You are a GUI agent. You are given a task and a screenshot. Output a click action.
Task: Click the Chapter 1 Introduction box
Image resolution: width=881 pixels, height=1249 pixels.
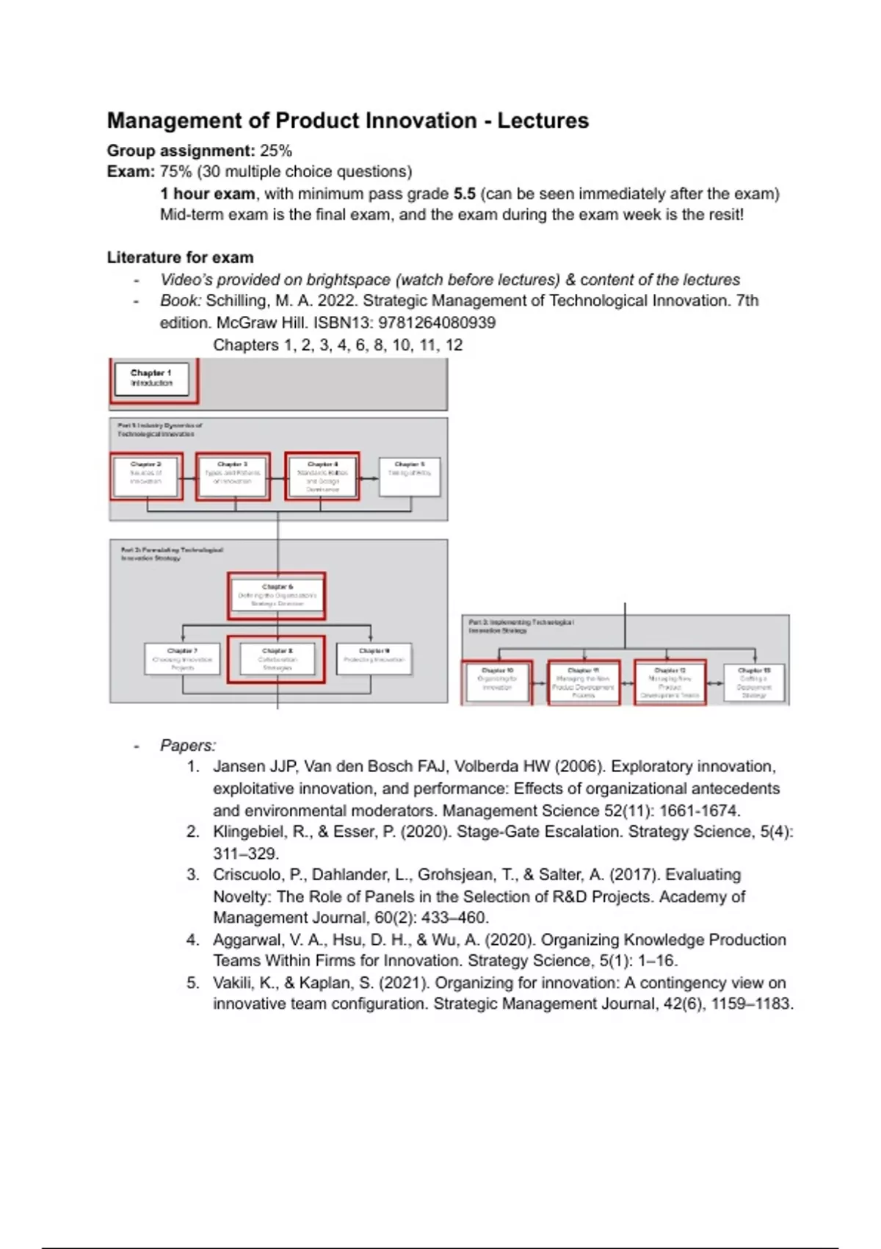click(x=151, y=378)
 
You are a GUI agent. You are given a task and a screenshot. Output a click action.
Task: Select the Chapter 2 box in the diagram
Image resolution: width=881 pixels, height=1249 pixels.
click(x=146, y=476)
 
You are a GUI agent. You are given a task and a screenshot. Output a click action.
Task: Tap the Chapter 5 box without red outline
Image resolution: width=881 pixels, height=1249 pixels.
click(x=410, y=476)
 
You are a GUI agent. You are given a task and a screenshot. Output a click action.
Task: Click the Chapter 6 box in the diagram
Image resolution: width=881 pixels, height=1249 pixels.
click(x=277, y=595)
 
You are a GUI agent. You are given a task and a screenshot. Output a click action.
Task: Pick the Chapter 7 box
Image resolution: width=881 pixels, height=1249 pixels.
click(x=182, y=659)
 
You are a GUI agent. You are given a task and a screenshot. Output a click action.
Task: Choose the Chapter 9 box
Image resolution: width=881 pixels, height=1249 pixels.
click(x=374, y=658)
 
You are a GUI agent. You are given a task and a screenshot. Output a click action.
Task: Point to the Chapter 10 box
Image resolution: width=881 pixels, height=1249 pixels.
click(x=497, y=683)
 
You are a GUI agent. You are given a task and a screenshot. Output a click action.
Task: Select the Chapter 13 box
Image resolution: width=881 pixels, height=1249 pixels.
click(x=754, y=683)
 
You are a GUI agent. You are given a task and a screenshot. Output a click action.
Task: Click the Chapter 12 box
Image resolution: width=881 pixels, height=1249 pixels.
click(x=670, y=683)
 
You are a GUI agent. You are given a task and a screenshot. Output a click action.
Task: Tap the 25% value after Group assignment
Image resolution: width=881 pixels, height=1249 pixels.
click(x=276, y=151)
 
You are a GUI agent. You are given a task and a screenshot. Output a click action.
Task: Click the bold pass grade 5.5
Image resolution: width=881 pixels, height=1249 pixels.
click(x=464, y=194)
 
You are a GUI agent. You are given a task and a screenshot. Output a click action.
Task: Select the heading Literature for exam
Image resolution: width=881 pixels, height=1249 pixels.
click(x=180, y=258)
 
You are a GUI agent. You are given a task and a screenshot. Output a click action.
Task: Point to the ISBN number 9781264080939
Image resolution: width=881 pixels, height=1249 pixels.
click(x=437, y=323)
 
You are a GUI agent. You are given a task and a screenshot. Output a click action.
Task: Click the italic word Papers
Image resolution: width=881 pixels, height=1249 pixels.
click(x=187, y=746)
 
